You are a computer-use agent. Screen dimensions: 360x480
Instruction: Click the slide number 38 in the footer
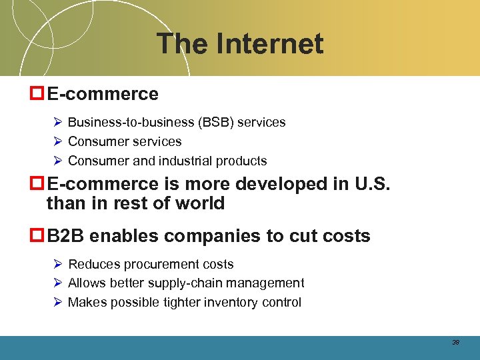(456, 342)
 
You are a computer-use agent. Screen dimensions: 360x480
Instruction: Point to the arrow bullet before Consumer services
(58, 141)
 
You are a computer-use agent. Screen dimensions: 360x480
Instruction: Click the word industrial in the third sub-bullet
(190, 161)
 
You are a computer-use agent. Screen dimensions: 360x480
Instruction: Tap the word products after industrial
(243, 161)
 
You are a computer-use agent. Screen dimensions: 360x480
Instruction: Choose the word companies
(206, 237)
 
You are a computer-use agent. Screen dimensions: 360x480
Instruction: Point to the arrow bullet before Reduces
(58, 265)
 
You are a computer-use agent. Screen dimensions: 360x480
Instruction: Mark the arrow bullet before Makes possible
(58, 303)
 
